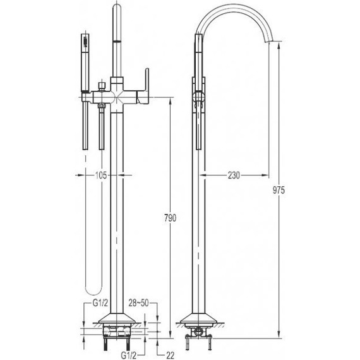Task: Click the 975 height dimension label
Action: (x=279, y=190)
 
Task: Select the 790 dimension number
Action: (x=170, y=218)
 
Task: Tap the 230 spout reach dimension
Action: (x=234, y=176)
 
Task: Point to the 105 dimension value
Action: (x=101, y=176)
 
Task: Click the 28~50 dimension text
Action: (x=138, y=303)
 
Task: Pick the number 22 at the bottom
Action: (x=170, y=355)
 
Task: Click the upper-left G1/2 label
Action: (x=100, y=303)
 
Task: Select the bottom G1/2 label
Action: (x=129, y=356)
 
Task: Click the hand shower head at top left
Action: (x=85, y=43)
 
